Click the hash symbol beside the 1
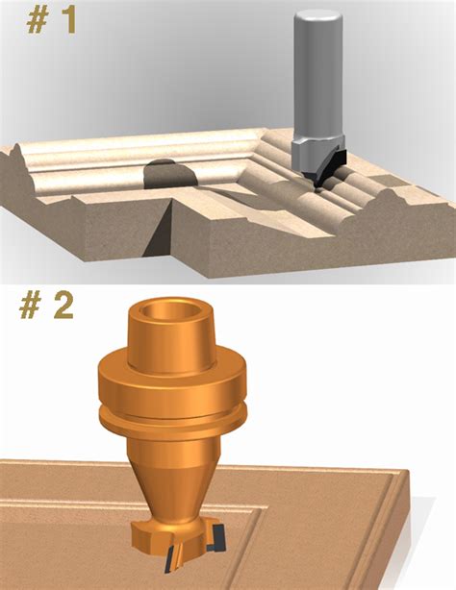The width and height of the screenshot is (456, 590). click(x=37, y=21)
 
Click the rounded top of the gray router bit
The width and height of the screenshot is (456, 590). click(x=318, y=17)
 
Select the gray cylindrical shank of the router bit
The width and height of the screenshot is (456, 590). click(x=318, y=75)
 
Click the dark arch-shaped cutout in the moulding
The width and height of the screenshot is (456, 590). click(x=170, y=174)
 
